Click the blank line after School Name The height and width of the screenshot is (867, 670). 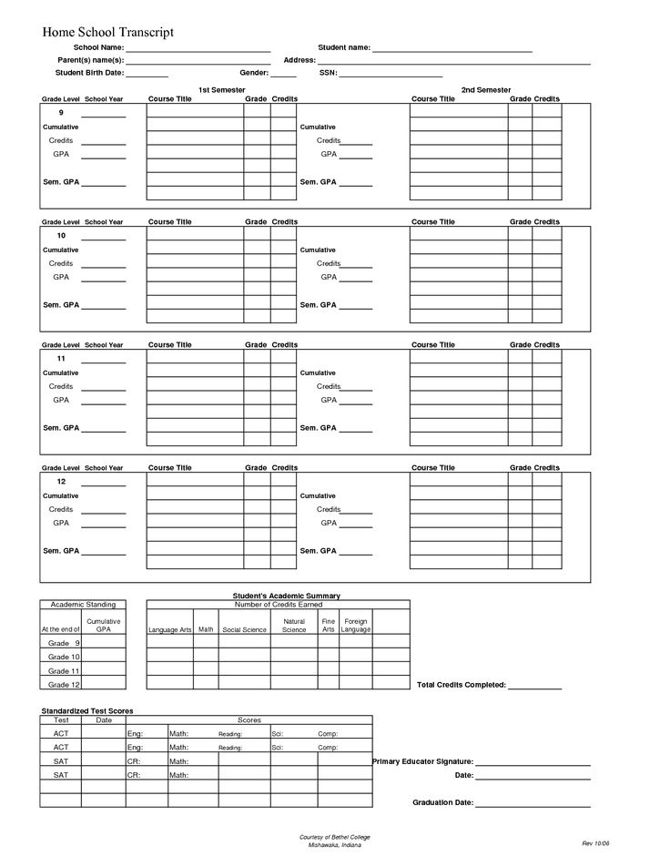click(198, 47)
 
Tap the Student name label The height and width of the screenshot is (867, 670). click(343, 47)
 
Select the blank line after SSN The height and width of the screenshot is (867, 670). click(391, 73)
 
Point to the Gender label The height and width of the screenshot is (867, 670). click(253, 73)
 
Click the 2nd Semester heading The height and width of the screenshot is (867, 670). click(485, 90)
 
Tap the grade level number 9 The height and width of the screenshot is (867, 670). click(60, 112)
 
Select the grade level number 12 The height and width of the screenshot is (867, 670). click(61, 481)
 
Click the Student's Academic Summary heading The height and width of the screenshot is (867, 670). click(286, 596)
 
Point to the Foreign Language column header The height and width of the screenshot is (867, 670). click(356, 626)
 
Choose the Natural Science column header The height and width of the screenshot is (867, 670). click(294, 626)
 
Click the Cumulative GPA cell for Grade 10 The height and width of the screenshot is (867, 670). click(104, 657)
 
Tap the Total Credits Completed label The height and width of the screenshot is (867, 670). click(461, 685)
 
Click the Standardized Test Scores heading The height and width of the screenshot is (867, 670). click(87, 710)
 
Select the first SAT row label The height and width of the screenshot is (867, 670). click(61, 761)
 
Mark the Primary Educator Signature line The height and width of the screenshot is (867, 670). click(533, 761)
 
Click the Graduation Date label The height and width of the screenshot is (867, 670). click(442, 803)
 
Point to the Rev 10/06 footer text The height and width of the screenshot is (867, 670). click(594, 843)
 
